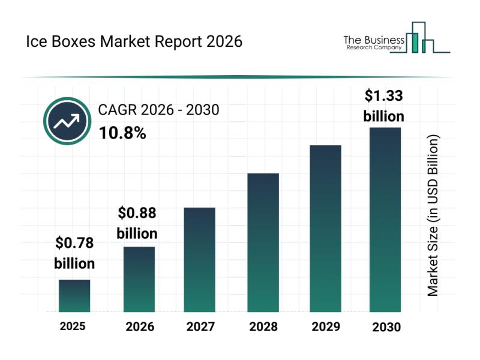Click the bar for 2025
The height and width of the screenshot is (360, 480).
(74, 296)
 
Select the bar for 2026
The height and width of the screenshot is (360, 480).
(139, 279)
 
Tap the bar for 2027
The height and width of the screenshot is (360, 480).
(200, 259)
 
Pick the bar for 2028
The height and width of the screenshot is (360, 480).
(263, 242)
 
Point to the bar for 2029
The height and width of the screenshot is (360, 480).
(325, 228)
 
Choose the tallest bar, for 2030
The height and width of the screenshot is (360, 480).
(385, 220)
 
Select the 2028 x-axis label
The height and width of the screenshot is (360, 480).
(263, 327)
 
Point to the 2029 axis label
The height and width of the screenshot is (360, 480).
(326, 327)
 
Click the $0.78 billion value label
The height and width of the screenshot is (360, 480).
(74, 253)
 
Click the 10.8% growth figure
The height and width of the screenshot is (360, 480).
(122, 133)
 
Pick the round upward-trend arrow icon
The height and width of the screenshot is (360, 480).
(65, 121)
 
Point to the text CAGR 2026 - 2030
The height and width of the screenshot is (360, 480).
(158, 110)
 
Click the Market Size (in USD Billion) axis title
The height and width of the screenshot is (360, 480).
(433, 215)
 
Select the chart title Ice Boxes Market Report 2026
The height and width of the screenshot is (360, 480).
(134, 41)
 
